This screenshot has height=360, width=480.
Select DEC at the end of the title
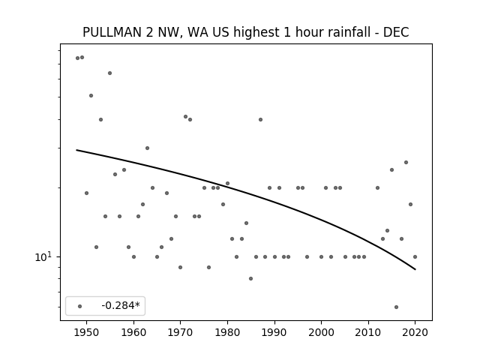coord(396,32)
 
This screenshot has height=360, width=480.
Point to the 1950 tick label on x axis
coord(87,332)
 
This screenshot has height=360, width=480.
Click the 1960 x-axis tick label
coord(133,332)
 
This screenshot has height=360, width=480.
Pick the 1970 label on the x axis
coord(181,332)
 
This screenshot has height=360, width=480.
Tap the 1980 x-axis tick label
coord(227,332)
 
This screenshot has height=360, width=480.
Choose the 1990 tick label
coord(274,332)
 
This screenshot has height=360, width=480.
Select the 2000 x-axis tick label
coord(322,332)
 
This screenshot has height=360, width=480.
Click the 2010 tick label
coord(368,332)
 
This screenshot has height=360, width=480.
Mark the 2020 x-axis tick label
coord(415,332)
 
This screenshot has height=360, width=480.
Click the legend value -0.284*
coord(121,305)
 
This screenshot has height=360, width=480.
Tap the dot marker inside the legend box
coord(80,306)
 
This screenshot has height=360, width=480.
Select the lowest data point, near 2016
coord(397,307)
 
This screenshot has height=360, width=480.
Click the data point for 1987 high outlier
coord(260,120)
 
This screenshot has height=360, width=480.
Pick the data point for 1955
coord(110,73)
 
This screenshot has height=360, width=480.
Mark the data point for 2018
coord(406,163)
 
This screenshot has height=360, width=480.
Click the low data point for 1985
coord(251,278)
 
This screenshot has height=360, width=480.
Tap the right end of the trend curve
coord(415,269)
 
